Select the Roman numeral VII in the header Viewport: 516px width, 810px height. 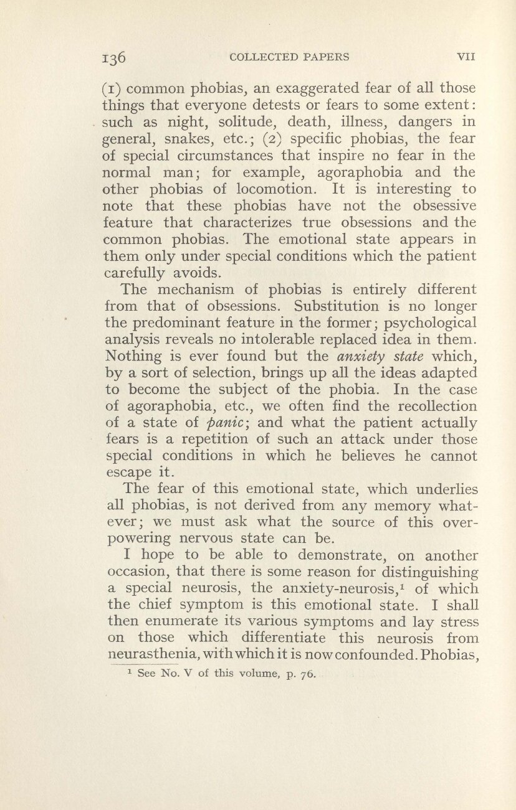[467, 57]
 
